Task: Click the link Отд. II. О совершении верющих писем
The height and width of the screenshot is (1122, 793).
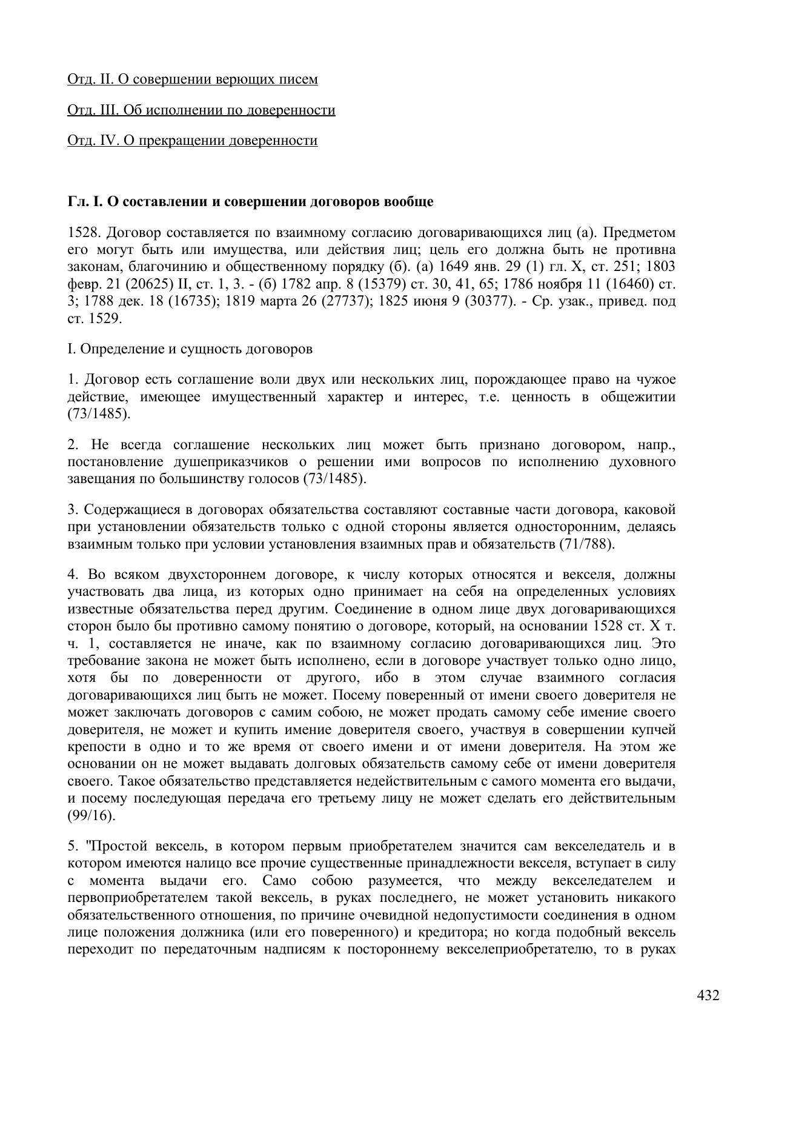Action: (x=192, y=79)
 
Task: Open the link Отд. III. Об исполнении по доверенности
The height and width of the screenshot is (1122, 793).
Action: (x=201, y=110)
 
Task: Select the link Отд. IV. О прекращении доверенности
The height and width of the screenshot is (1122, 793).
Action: (x=192, y=141)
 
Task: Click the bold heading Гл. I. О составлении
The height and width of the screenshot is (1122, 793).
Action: (x=250, y=202)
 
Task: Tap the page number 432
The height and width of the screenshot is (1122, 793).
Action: (x=708, y=995)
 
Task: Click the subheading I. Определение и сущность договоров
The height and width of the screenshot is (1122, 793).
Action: (x=190, y=349)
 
